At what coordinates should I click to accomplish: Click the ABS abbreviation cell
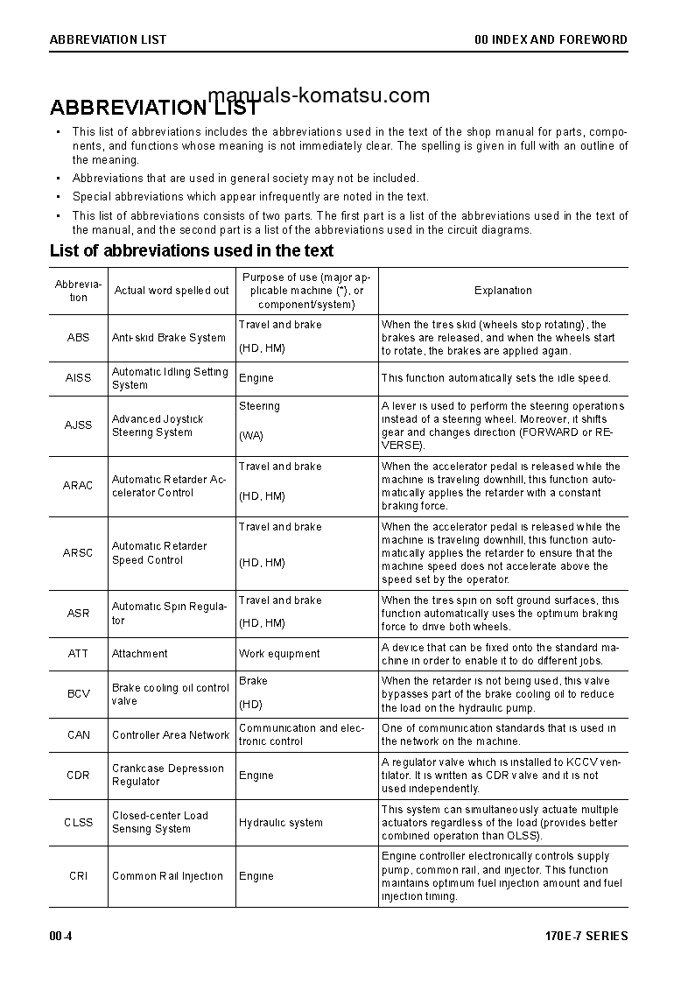(78, 338)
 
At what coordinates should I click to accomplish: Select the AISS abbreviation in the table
(78, 378)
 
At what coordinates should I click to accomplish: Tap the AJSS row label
(78, 425)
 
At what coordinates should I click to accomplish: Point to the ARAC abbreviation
(78, 486)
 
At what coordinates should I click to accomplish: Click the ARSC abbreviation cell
(78, 553)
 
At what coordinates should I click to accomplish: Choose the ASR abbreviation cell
(78, 614)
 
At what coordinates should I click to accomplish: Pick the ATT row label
(78, 654)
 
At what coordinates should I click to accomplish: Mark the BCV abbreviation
(78, 694)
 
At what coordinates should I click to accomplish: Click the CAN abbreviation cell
(78, 735)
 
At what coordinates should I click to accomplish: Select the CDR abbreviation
(78, 776)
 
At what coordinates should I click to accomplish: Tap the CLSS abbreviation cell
(78, 823)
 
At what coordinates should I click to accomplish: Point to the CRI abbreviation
(78, 876)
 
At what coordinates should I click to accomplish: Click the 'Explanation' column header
(502, 291)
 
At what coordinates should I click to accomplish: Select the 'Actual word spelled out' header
(172, 291)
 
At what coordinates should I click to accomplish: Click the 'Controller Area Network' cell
(171, 735)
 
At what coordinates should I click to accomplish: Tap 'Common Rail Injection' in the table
(167, 876)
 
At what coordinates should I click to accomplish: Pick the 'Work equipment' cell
(279, 654)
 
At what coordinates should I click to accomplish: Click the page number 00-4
(60, 937)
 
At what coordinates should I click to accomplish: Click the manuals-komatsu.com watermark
(319, 96)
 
